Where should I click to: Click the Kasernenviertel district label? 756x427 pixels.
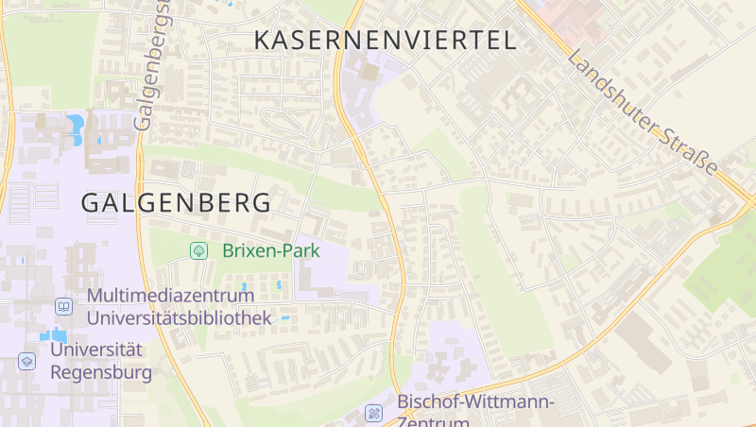pyautogui.click(x=386, y=40)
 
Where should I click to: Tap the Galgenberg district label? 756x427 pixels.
pyautogui.click(x=176, y=202)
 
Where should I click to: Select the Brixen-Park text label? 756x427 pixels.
pyautogui.click(x=271, y=250)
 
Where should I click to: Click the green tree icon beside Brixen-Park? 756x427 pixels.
pyautogui.click(x=198, y=250)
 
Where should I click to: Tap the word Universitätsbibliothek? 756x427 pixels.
pyautogui.click(x=179, y=318)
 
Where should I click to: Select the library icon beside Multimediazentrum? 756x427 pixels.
pyautogui.click(x=63, y=306)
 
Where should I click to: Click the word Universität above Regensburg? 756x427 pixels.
pyautogui.click(x=95, y=350)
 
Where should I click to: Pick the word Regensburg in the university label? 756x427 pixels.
pyautogui.click(x=100, y=372)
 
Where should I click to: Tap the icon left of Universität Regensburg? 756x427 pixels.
pyautogui.click(x=26, y=361)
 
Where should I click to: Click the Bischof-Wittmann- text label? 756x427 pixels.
pyautogui.click(x=475, y=401)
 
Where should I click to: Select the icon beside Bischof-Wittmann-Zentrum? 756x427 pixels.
pyautogui.click(x=374, y=413)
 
